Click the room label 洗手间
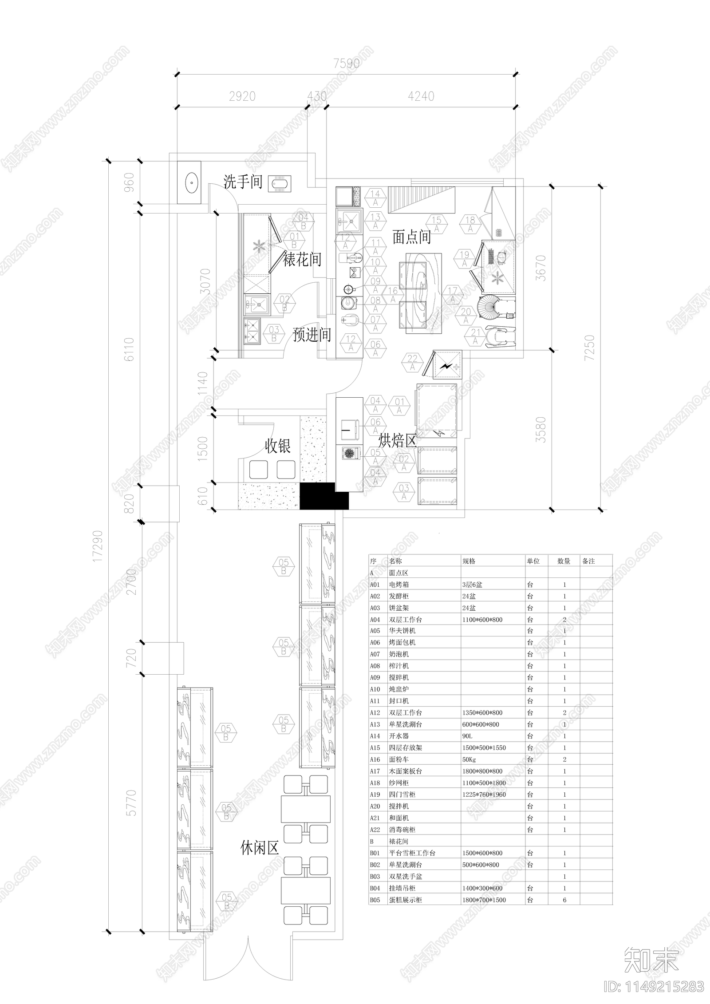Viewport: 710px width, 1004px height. [x=243, y=182]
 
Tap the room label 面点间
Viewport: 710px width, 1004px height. [x=411, y=237]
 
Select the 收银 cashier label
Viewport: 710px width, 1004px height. [x=278, y=446]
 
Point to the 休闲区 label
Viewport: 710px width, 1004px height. [x=260, y=848]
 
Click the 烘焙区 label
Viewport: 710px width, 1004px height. [x=398, y=441]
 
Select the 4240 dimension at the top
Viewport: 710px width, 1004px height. [x=421, y=96]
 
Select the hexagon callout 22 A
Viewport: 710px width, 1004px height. [x=412, y=362]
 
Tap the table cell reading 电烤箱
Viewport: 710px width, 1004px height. [x=399, y=585]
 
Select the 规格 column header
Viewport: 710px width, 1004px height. [x=469, y=561]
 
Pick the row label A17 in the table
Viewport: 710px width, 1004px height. [x=375, y=771]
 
